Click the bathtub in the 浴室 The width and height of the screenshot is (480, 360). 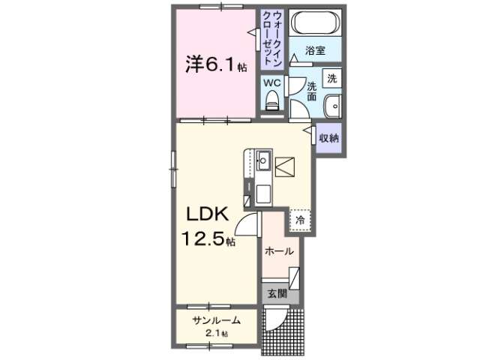click(x=315, y=22)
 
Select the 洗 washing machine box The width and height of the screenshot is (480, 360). click(x=331, y=78)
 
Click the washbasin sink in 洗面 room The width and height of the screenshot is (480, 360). click(x=332, y=106)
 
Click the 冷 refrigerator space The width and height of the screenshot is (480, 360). click(x=300, y=220)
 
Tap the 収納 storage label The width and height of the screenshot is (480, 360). click(x=329, y=138)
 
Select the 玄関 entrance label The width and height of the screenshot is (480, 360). click(x=277, y=294)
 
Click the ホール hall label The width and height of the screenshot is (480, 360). click(x=279, y=252)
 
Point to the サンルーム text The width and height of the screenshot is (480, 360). click(x=217, y=320)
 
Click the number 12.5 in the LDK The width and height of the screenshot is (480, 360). click(x=204, y=238)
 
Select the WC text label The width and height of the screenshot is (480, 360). click(x=272, y=82)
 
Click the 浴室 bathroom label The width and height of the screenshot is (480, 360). click(x=315, y=50)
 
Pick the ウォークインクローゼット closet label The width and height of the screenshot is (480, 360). click(x=272, y=38)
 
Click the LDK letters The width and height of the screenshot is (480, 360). click(x=208, y=214)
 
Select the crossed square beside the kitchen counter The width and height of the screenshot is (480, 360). click(x=285, y=166)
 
